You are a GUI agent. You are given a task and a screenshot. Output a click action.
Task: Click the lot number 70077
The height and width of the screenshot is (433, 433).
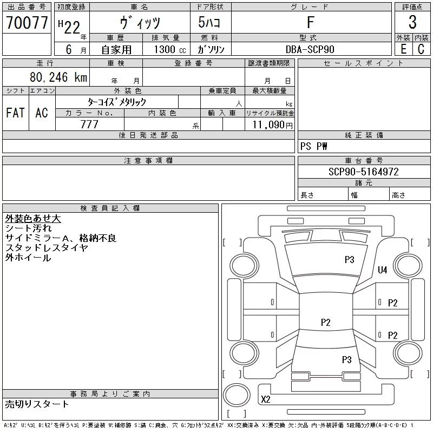click(x=27, y=23)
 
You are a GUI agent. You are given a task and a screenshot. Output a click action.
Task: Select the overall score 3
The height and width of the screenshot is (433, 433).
click(x=412, y=22)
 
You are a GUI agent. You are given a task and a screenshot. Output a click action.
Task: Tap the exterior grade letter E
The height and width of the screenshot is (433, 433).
click(x=403, y=49)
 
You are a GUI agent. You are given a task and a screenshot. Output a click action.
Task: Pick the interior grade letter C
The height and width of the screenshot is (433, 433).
click(x=421, y=49)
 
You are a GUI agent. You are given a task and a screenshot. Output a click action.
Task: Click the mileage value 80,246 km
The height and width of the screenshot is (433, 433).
click(x=58, y=77)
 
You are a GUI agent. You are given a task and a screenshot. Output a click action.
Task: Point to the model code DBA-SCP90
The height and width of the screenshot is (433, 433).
click(x=310, y=49)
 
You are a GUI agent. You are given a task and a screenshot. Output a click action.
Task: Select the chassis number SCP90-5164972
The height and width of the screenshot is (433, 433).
click(x=363, y=172)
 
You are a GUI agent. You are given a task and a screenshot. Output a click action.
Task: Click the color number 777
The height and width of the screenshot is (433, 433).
click(x=89, y=124)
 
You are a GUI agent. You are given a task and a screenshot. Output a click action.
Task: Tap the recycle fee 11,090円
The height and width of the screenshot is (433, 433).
click(x=272, y=125)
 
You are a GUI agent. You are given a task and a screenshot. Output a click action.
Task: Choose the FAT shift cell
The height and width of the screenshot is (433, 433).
click(x=15, y=113)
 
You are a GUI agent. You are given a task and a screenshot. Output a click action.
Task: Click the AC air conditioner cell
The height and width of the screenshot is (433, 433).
click(x=42, y=113)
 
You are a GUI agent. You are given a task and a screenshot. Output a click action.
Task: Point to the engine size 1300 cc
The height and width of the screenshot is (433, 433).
click(x=170, y=49)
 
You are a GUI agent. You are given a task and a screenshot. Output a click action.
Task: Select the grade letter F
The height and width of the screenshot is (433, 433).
click(x=311, y=22)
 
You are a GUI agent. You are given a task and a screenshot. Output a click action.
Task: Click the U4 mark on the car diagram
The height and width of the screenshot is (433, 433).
click(x=383, y=270)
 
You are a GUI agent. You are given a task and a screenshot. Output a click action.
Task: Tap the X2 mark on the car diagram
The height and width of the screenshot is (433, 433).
click(x=266, y=399)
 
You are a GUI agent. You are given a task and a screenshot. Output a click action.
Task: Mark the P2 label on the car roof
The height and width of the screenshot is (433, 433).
click(x=326, y=322)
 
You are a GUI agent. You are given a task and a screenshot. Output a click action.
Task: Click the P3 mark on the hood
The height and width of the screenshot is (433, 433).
click(x=349, y=260)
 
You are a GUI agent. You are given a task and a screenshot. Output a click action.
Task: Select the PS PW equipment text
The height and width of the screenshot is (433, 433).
click(x=314, y=146)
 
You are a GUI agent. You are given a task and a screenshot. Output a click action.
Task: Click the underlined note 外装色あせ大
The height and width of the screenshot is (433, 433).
click(x=33, y=219)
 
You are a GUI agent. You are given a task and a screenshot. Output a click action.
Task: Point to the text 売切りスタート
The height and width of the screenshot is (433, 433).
click(x=37, y=404)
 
